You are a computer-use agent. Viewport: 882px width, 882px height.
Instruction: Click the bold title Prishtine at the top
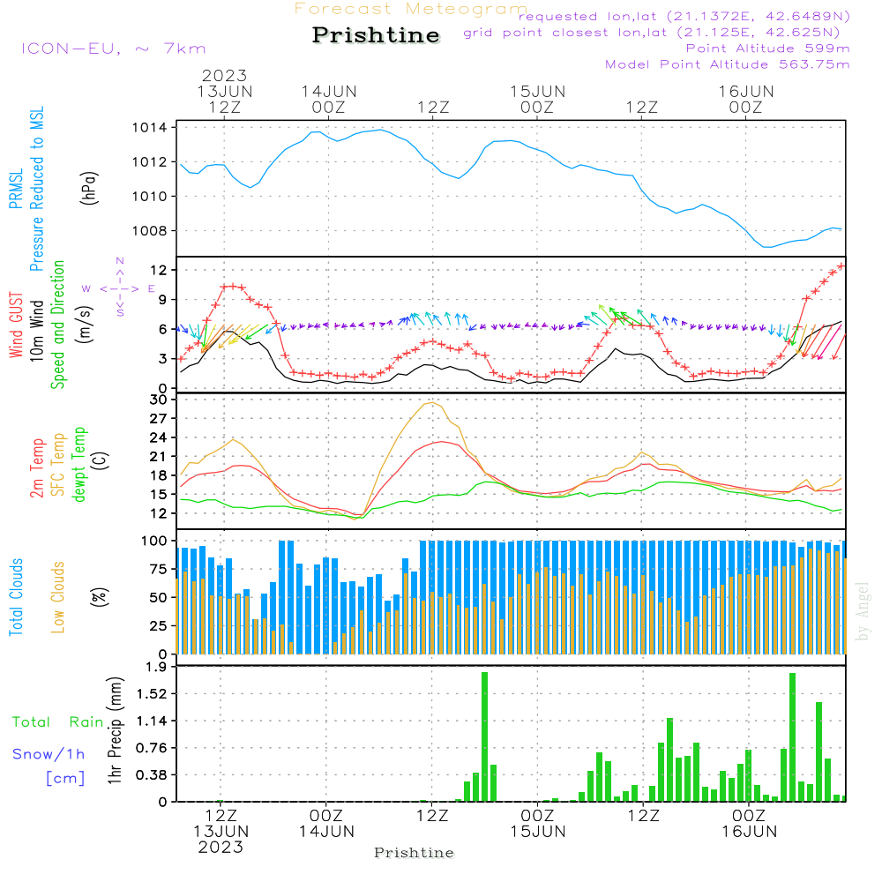376,35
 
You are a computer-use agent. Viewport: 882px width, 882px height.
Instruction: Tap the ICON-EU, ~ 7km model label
113,49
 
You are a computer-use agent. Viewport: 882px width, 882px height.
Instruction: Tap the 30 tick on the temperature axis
160,400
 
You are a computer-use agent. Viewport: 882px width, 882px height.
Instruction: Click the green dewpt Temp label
80,464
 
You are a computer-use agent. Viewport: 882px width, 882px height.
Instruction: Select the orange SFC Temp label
59,464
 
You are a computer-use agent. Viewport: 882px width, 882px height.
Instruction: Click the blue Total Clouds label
17,596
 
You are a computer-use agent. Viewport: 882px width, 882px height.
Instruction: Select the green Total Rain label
57,722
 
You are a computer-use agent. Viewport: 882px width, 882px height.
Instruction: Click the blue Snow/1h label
49,753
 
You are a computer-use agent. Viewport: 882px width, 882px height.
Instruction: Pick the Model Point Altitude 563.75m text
727,64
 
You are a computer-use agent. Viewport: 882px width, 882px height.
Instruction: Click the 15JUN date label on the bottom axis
537,831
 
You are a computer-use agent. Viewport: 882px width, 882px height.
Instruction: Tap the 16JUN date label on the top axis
745,92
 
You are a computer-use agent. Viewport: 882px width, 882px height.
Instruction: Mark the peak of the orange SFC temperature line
431,402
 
